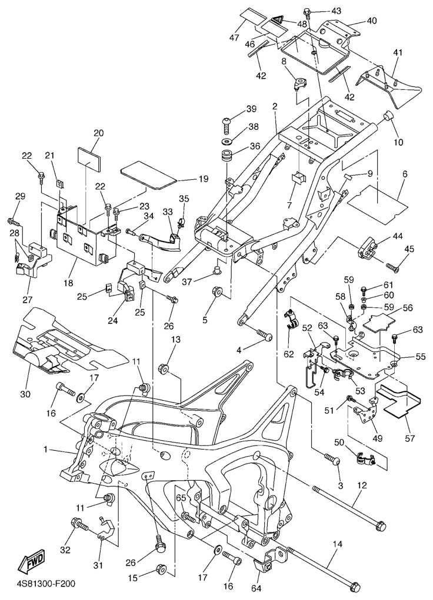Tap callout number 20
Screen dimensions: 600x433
(x=98, y=133)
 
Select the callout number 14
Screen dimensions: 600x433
(x=337, y=544)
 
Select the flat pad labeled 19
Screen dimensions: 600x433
(x=148, y=175)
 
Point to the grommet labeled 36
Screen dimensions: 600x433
(x=227, y=159)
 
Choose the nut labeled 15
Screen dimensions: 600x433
(x=162, y=569)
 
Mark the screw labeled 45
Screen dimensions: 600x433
(x=394, y=268)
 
